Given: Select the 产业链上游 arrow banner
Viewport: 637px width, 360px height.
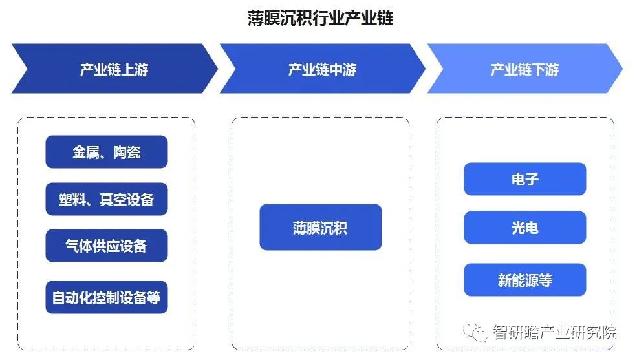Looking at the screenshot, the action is click(x=114, y=69).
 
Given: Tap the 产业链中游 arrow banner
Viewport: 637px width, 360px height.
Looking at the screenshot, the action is click(x=322, y=69).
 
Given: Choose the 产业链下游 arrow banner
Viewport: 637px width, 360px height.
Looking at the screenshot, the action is click(x=524, y=69).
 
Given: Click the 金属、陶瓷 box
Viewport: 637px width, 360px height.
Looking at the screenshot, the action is click(x=107, y=152).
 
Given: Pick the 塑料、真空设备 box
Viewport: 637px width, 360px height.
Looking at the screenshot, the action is click(x=107, y=199).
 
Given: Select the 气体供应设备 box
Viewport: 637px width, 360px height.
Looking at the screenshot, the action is click(x=107, y=246).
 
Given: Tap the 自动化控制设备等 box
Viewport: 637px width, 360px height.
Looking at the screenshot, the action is click(x=107, y=297).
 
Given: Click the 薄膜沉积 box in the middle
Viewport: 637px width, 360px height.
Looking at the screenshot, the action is click(x=320, y=228).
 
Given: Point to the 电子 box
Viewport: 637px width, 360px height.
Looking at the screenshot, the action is click(x=524, y=179).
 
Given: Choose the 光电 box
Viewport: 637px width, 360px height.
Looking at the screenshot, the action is click(x=524, y=228).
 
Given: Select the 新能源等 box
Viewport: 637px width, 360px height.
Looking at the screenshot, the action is click(x=524, y=281).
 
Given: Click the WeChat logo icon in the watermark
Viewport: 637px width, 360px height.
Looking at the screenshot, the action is click(x=479, y=333).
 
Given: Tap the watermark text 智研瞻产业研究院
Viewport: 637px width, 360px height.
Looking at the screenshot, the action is click(x=555, y=333).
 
